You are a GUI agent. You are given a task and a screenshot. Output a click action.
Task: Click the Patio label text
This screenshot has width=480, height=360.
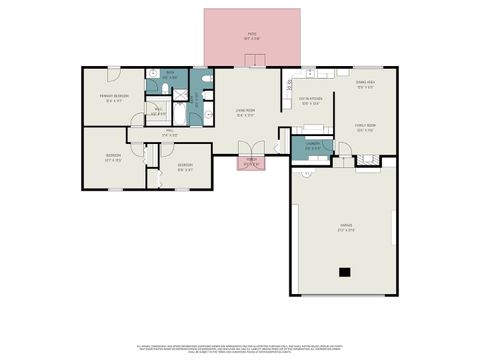[x=252, y=35]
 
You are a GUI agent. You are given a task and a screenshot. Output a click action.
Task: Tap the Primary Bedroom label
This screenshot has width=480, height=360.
[x=112, y=97]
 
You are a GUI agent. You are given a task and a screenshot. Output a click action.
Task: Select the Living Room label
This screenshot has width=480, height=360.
[x=244, y=112]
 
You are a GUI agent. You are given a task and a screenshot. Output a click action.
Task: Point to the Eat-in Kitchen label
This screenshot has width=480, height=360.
[x=309, y=100]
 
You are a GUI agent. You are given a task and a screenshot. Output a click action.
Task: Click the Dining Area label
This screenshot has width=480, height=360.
[x=365, y=84]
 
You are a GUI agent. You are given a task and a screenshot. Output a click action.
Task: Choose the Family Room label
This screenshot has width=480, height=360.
[x=364, y=127]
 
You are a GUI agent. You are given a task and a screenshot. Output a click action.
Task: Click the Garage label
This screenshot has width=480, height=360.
[x=345, y=227]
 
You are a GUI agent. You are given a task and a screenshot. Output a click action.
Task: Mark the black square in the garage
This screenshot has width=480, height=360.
[x=345, y=272]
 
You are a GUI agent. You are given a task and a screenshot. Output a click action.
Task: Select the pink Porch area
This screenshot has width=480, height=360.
[x=250, y=163]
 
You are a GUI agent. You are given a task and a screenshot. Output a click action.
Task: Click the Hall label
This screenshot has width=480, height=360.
[x=170, y=133]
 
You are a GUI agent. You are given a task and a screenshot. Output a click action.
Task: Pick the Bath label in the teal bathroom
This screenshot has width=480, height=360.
[x=170, y=74]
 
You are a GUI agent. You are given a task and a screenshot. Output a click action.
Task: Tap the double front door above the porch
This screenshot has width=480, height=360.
[x=247, y=150]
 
